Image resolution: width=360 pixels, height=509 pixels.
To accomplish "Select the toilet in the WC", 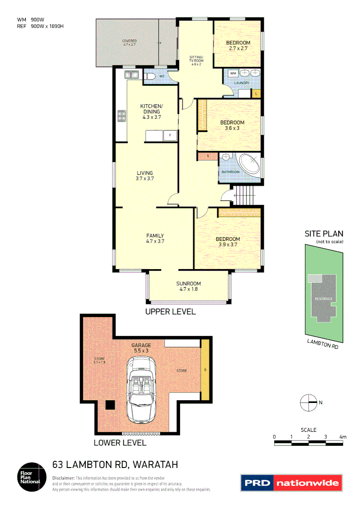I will tap(150, 75).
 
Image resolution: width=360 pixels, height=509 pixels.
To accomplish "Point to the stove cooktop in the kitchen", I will tap(122, 115).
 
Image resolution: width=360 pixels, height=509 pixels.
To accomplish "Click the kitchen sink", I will tap(131, 74).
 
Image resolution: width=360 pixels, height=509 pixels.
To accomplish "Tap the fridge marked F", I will tap(170, 136).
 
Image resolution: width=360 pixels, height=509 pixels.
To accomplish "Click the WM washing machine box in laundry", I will tap(233, 73).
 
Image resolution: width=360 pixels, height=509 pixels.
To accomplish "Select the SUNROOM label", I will tap(188, 283).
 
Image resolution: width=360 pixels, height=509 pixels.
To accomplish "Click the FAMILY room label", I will tap(155, 236).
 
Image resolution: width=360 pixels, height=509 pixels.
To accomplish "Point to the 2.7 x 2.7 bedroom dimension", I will tap(238, 48).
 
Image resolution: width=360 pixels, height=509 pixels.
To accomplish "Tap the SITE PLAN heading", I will tap(324, 233).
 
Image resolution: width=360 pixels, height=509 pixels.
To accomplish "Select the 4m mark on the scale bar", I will tap(343, 437).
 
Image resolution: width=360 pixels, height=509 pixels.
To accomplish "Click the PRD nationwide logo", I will tap(291, 483).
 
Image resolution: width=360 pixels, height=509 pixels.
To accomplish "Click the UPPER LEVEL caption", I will tap(170, 312).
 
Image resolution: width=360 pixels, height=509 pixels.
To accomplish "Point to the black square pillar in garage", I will tap(110, 404).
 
